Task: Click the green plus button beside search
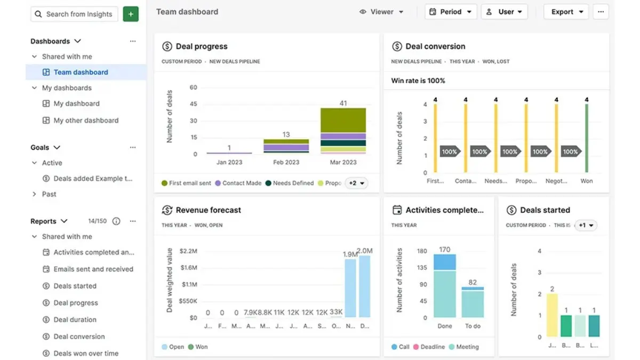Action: coord(131,14)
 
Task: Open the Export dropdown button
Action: coord(566,12)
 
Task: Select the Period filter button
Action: coord(451,12)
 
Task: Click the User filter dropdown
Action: coord(504,12)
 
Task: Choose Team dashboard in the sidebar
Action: coord(81,73)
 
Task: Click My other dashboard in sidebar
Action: coord(86,121)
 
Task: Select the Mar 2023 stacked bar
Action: coord(343,131)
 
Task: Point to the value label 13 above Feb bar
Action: coord(286,134)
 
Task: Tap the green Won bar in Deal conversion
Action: coord(587,138)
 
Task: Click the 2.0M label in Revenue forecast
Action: coord(365,251)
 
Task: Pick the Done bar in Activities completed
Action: coord(444,286)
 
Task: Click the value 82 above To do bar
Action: coord(473,282)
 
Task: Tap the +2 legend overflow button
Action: coord(356,183)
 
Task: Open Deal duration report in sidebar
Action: coord(75,319)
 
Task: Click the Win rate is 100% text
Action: coord(418,81)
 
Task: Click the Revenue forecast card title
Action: coord(208,210)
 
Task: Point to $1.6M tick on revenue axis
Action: coord(189,268)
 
